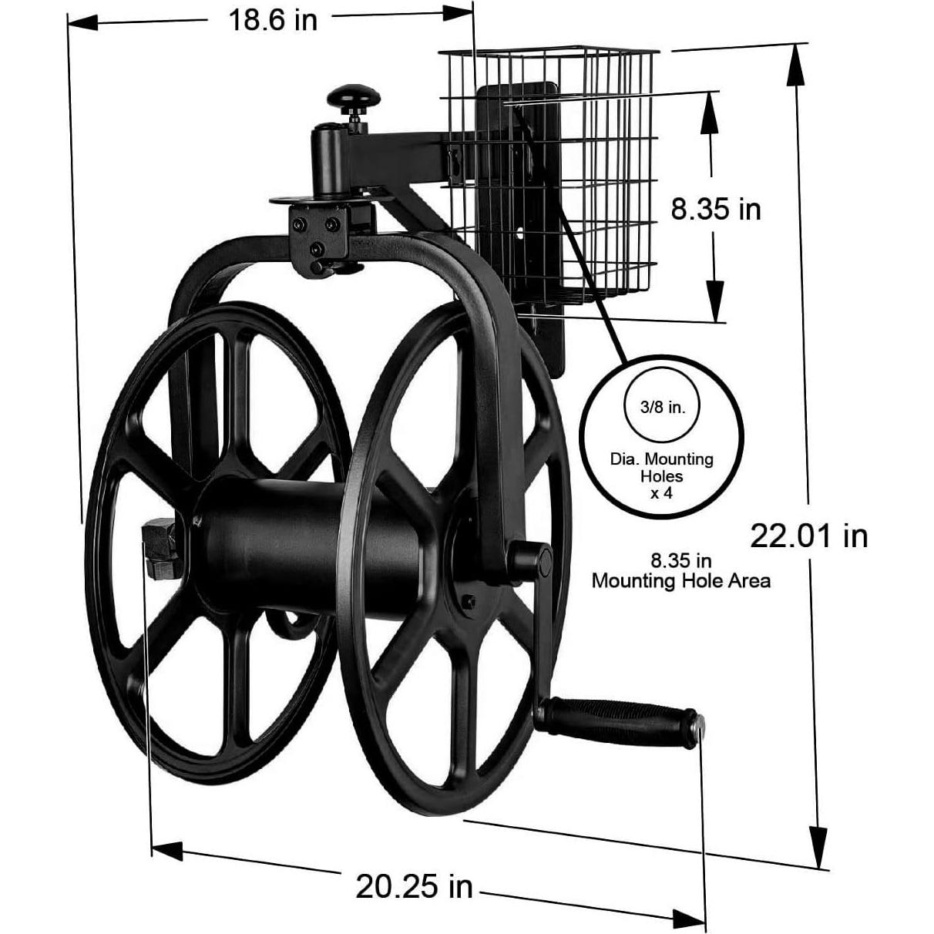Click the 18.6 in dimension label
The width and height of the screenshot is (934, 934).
tap(271, 20)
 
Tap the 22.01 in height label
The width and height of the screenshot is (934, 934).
tap(808, 535)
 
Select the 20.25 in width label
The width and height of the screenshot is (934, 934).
tap(414, 886)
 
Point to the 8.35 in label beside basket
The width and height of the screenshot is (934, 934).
tap(715, 209)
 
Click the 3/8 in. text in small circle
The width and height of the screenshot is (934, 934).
tap(662, 407)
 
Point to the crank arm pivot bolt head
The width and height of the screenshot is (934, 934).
tap(543, 562)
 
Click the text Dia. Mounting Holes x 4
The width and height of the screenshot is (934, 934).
tap(662, 475)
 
